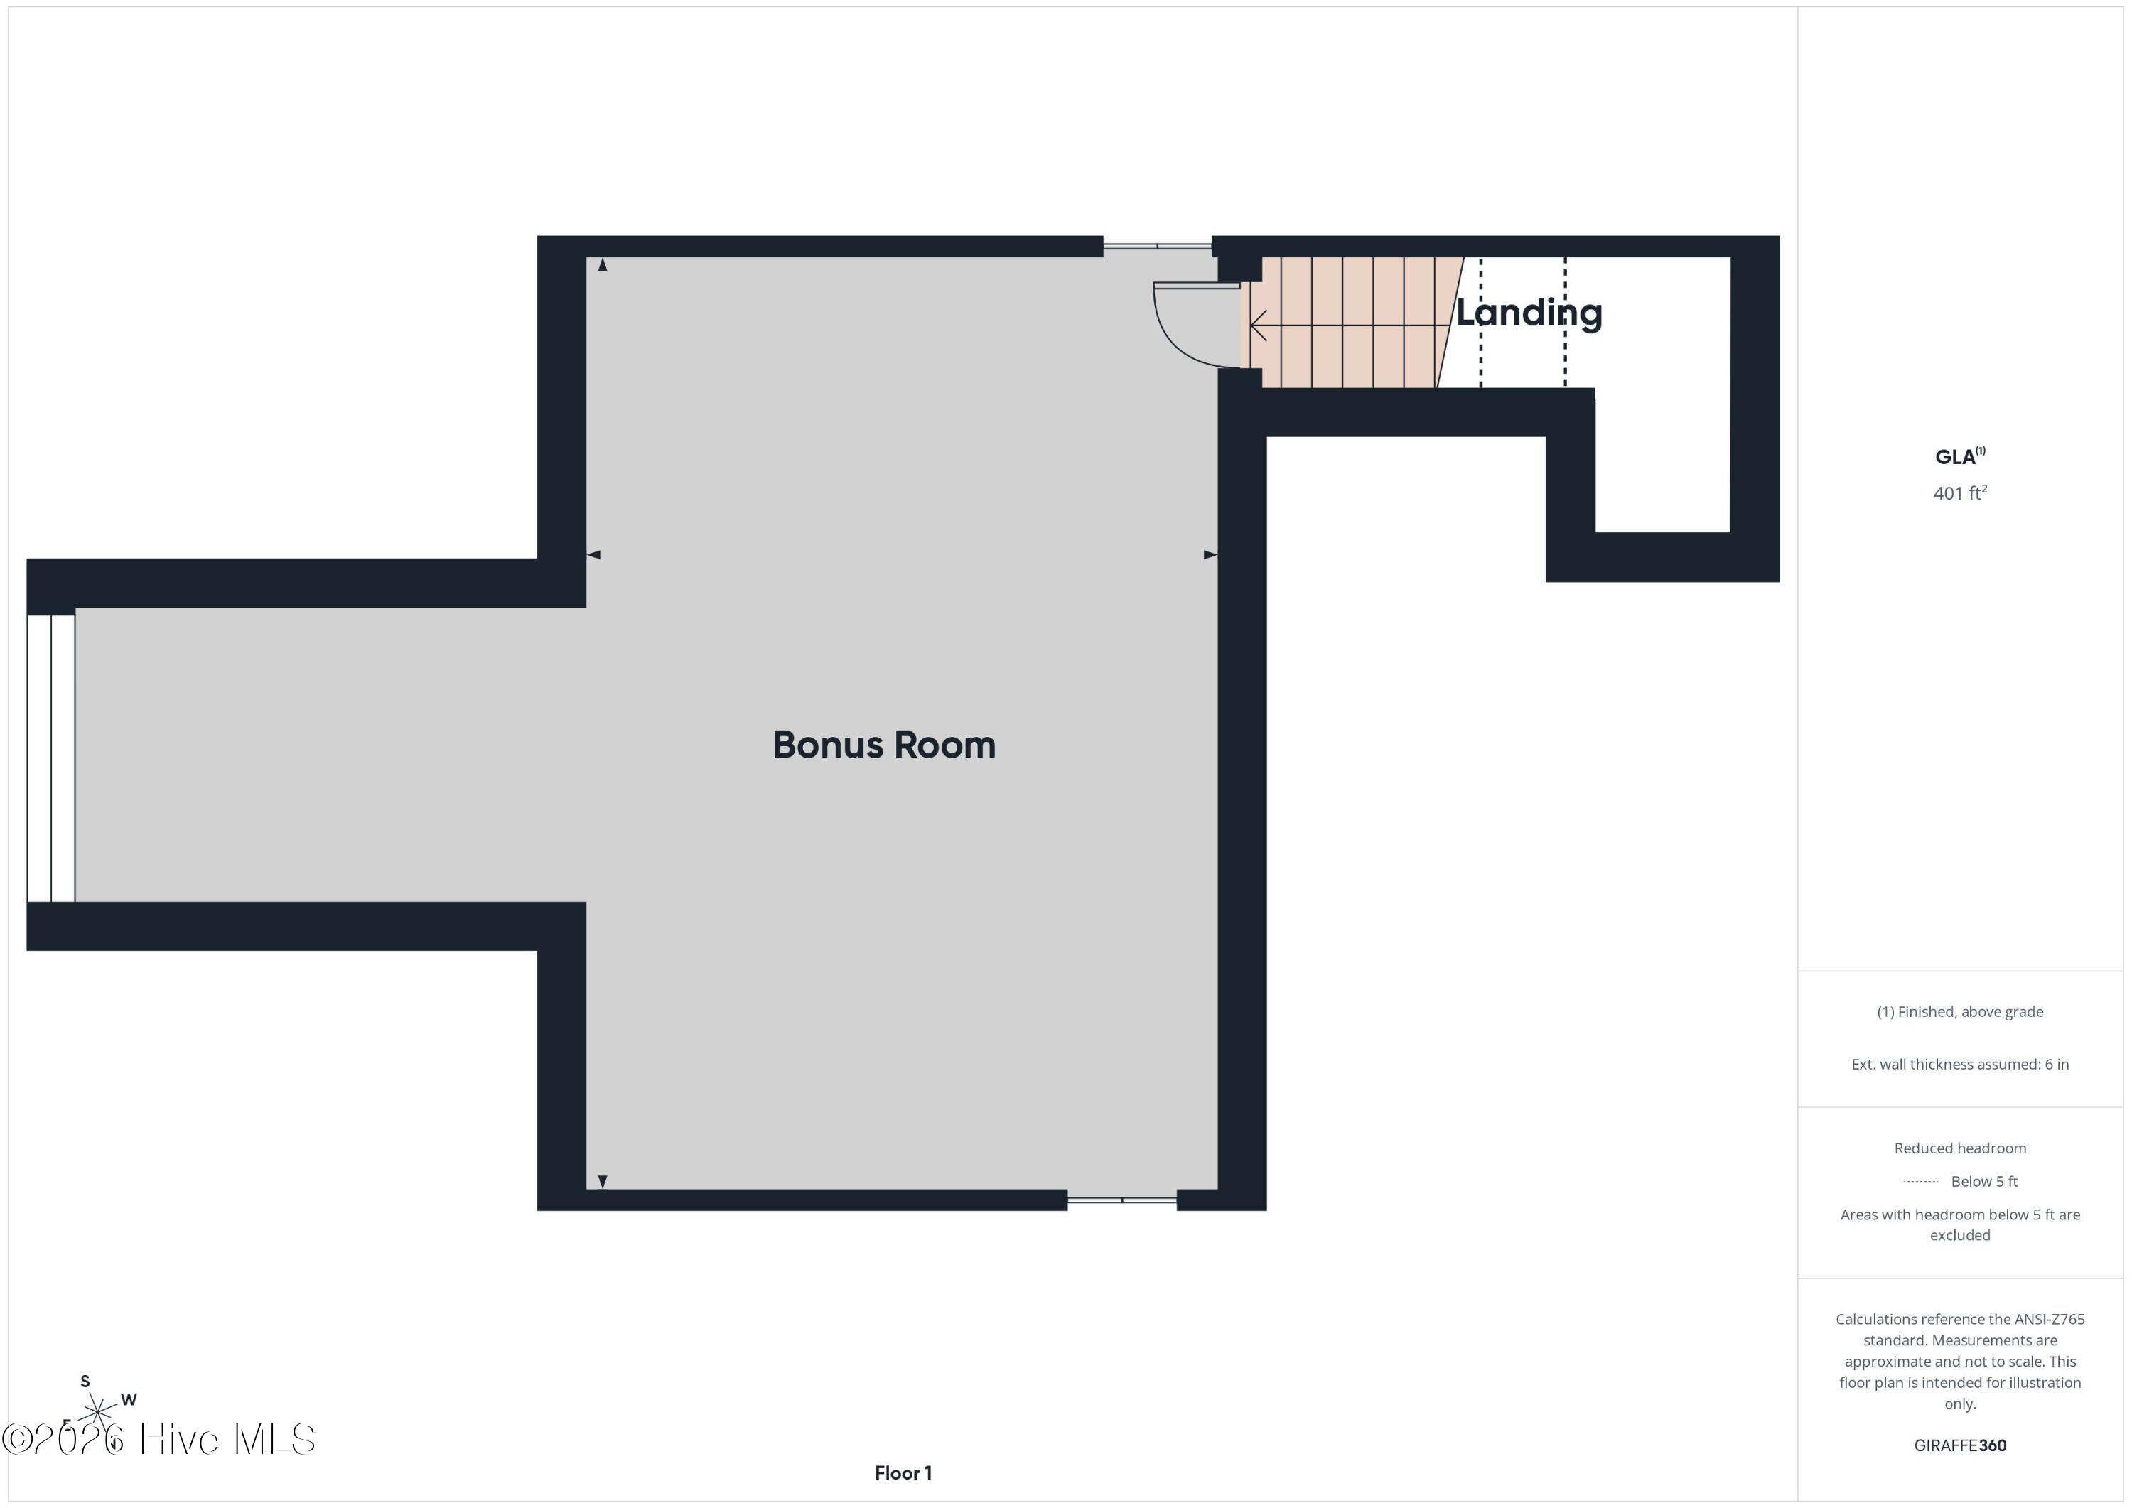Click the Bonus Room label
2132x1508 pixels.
(x=883, y=745)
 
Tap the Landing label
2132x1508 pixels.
(x=1529, y=313)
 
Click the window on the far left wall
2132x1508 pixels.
(x=50, y=757)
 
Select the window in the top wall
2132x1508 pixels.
(x=1157, y=246)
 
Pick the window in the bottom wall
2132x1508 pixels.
(x=1121, y=1200)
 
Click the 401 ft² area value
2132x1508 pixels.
(x=1959, y=493)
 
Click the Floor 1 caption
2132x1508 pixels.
(x=903, y=1472)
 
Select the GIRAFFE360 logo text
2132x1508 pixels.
(x=1959, y=1445)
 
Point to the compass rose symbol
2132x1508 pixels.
(x=97, y=1412)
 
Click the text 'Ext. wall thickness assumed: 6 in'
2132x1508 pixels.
(x=1959, y=1064)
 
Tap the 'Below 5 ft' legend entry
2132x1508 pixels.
(x=1983, y=1181)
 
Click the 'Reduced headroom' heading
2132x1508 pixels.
(x=1959, y=1148)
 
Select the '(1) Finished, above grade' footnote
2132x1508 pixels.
(x=1959, y=1011)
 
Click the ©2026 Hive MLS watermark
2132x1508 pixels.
(x=158, y=1439)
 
